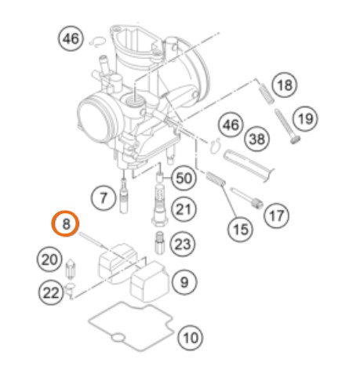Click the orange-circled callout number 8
65,223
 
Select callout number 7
104,198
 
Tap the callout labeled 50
184,179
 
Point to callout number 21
184,209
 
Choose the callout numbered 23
183,245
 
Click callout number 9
184,282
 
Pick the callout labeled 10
191,338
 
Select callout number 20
49,259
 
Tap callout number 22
51,292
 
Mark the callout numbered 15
240,230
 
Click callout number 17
276,216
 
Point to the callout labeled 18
285,85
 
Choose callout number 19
305,118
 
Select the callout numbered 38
257,139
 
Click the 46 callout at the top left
71,38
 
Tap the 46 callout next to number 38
231,125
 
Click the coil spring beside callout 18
266,93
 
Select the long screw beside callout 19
287,126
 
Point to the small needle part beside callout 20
70,269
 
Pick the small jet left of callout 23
159,244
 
